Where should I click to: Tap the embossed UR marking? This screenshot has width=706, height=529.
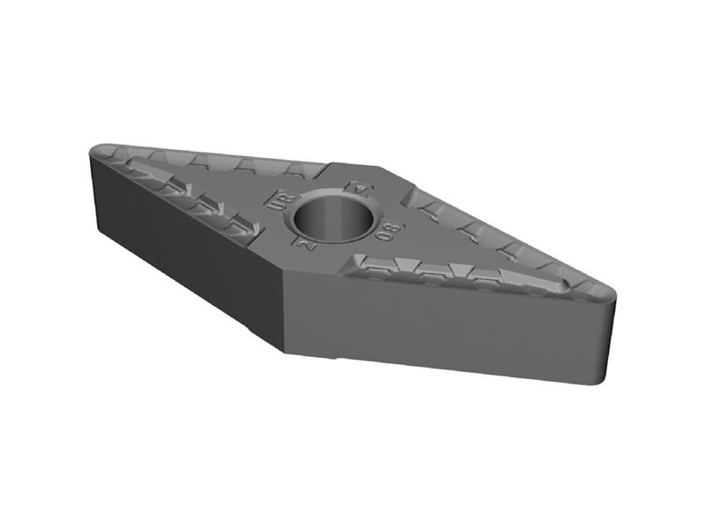tap(275, 199)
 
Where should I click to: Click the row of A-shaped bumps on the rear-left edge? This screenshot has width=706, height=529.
tap(221, 163)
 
